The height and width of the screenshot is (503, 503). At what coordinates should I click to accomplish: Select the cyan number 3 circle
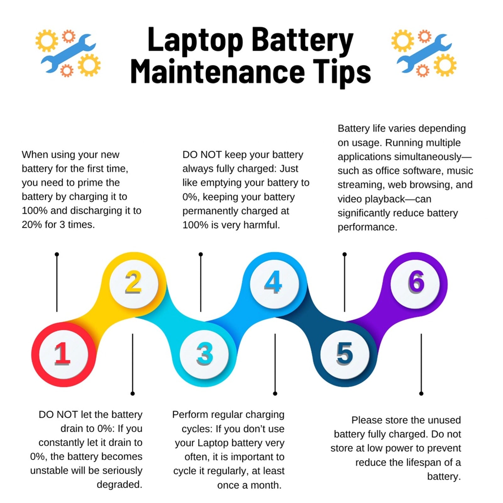(204, 354)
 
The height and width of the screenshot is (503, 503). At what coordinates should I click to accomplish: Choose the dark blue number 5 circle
(345, 354)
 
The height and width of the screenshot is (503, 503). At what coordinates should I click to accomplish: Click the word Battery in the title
(302, 41)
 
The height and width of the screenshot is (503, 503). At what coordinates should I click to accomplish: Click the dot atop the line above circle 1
(57, 254)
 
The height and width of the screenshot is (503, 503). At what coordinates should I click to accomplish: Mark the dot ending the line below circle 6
(421, 393)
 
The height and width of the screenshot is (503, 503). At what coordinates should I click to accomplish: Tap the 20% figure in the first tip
(30, 225)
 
